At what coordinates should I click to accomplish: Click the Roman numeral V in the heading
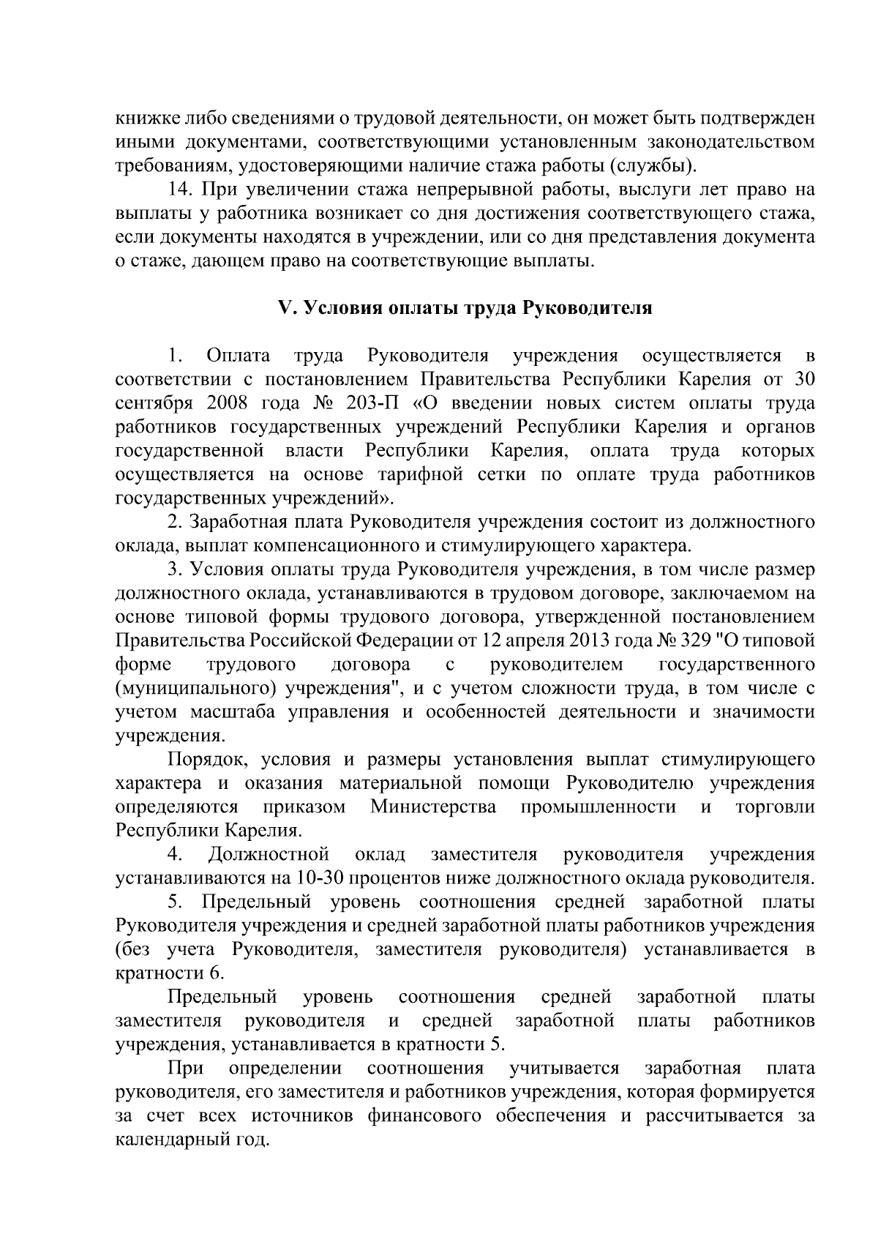[286, 308]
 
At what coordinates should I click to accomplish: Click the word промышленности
[598, 807]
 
